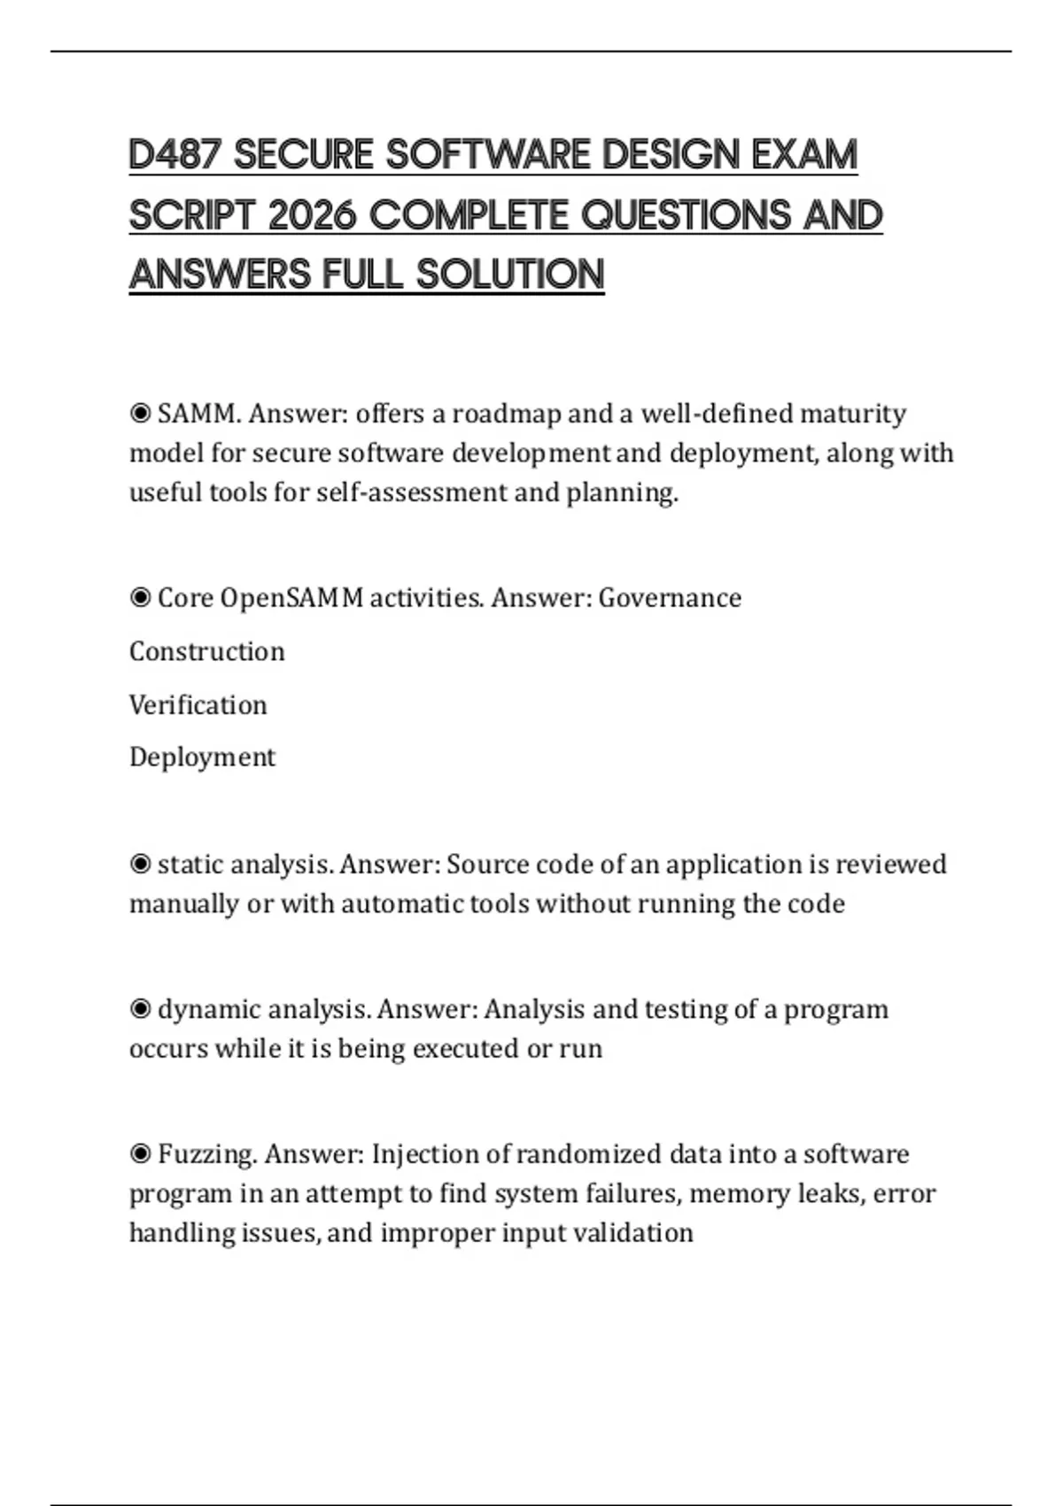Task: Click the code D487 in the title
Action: coord(175,155)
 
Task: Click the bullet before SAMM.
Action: coord(140,414)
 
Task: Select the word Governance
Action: coord(670,598)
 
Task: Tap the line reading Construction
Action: coord(207,652)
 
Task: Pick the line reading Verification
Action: coord(198,705)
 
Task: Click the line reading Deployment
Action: coord(202,757)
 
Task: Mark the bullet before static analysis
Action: coord(140,864)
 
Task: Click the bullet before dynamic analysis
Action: coord(140,1009)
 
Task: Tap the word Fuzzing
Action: coord(207,1154)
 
